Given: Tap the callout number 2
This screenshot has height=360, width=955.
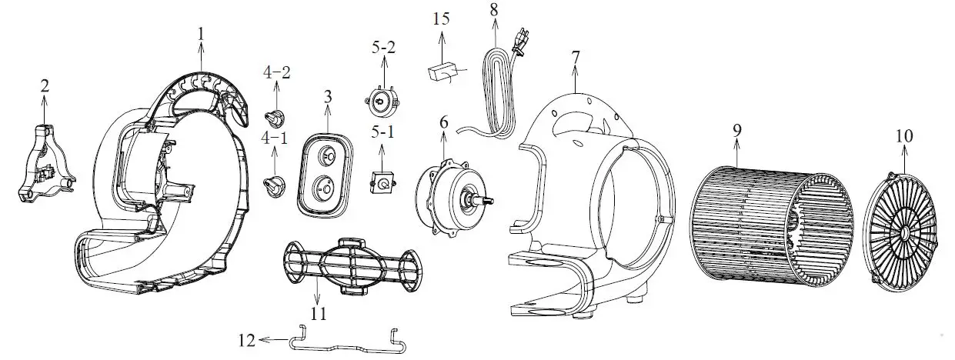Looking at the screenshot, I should (x=45, y=85).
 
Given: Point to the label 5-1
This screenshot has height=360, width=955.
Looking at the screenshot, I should (x=383, y=132).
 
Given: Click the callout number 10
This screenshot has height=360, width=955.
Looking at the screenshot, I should (x=904, y=136).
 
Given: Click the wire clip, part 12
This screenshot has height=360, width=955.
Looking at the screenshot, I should (x=347, y=341).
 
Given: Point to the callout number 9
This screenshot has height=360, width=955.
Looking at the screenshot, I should (x=736, y=130).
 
